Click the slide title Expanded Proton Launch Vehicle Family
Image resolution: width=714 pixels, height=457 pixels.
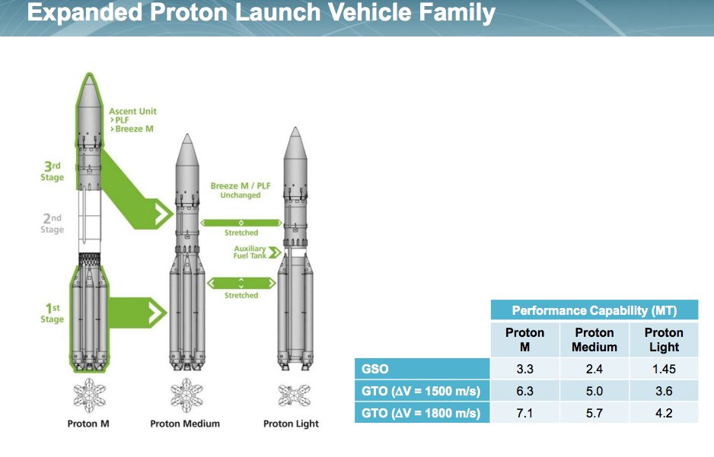pyautogui.click(x=261, y=14)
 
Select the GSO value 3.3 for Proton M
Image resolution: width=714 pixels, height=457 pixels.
pyautogui.click(x=524, y=370)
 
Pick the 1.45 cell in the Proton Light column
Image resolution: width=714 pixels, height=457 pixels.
pyautogui.click(x=663, y=370)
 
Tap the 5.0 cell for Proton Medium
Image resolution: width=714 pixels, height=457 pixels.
pyautogui.click(x=594, y=392)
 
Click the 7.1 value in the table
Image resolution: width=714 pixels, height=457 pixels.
pyautogui.click(x=524, y=413)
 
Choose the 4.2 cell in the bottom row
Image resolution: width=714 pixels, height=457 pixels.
pyautogui.click(x=663, y=413)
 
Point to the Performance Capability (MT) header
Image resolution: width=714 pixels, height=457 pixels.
pyautogui.click(x=594, y=310)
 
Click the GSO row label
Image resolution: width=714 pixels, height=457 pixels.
pyautogui.click(x=375, y=370)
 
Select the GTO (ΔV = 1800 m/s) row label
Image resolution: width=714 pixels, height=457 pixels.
pyautogui.click(x=421, y=413)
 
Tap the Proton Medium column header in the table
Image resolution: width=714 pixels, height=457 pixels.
pyautogui.click(x=594, y=340)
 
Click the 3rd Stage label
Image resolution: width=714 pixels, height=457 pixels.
pyautogui.click(x=53, y=172)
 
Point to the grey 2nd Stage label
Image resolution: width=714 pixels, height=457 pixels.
pyautogui.click(x=53, y=224)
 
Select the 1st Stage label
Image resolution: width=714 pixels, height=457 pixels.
pyautogui.click(x=53, y=313)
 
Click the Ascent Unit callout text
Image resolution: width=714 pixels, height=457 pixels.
pyautogui.click(x=132, y=112)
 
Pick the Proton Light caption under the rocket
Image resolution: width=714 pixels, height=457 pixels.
pyautogui.click(x=291, y=424)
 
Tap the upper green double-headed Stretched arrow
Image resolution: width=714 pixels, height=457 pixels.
pyautogui.click(x=241, y=222)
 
